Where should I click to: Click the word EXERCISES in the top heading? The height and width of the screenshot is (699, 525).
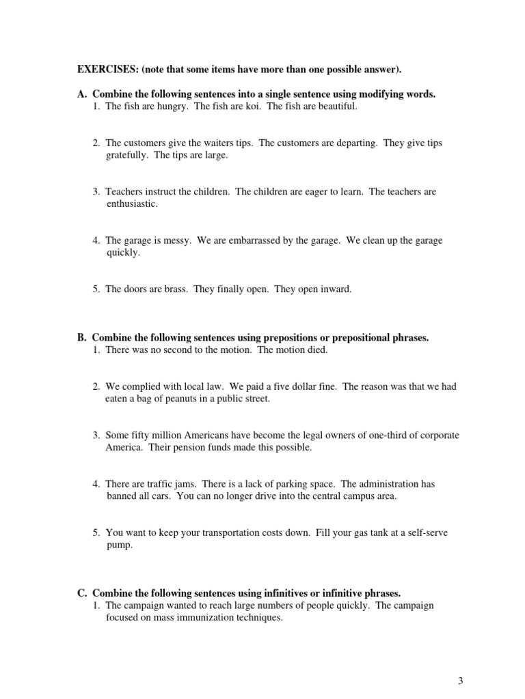point(106,70)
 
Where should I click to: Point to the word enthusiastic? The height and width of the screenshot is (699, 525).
point(132,203)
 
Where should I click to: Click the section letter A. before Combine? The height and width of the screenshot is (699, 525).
point(82,94)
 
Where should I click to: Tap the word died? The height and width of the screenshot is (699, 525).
point(315,349)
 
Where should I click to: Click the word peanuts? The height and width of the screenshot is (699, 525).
point(180,399)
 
